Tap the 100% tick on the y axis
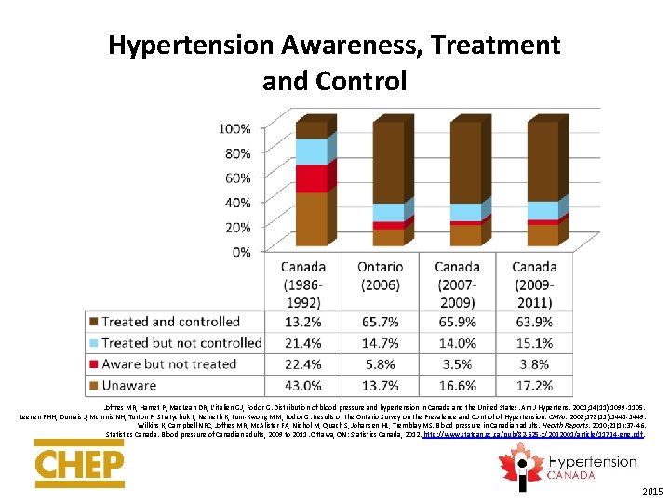pos(234,127)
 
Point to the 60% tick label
pos(237,178)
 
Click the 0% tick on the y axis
pos(241,252)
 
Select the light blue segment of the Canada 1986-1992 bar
pos(312,152)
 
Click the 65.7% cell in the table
pos(380,323)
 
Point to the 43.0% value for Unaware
pos(302,384)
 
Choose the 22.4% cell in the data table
pos(302,363)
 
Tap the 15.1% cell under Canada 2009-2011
pos(534,343)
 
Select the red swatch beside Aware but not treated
pos(92,363)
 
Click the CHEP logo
pos(80,463)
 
